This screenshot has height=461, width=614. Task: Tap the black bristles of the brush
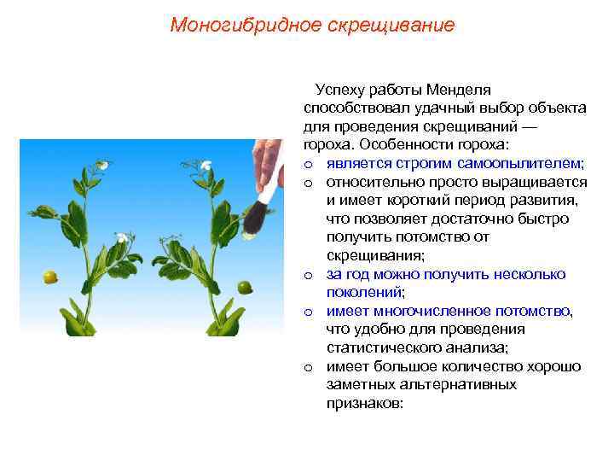pyautogui.click(x=256, y=217)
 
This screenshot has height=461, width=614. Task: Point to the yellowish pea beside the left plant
pyautogui.click(x=50, y=277)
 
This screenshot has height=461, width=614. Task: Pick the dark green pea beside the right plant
pyautogui.click(x=245, y=287)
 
